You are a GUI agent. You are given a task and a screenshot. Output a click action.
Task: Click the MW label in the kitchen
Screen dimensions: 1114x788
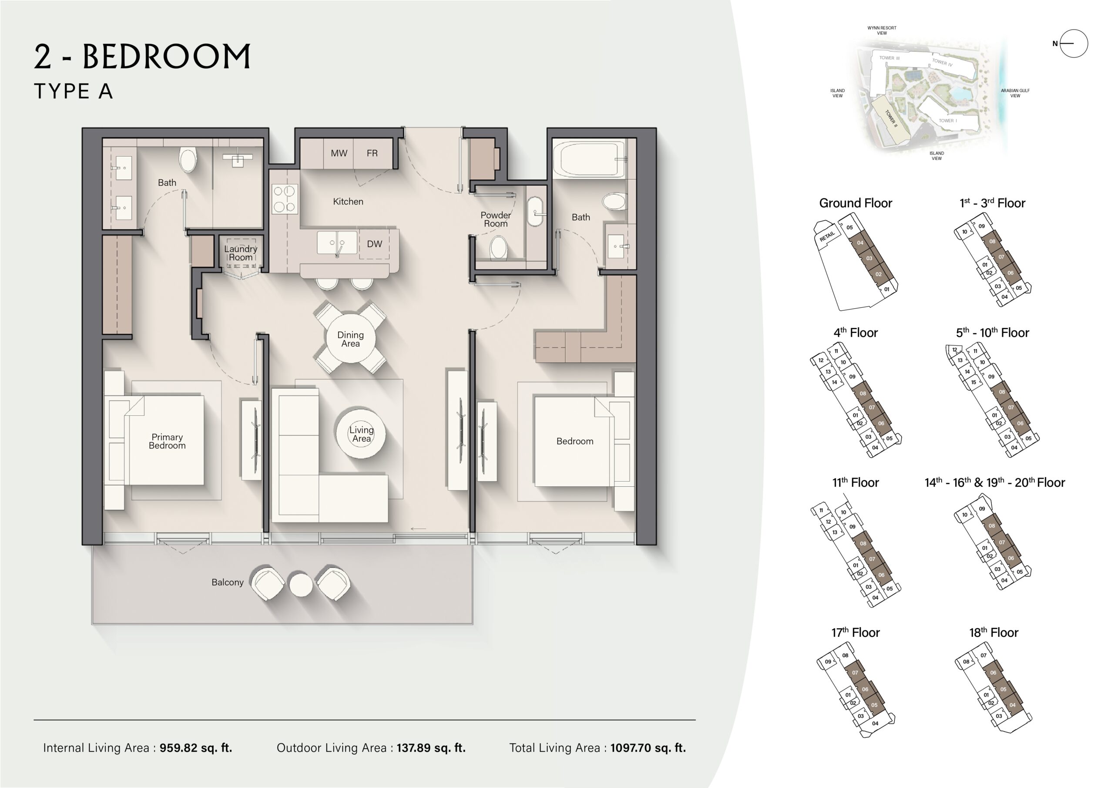click(x=339, y=153)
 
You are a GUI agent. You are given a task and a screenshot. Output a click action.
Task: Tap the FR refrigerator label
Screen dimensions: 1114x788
click(x=372, y=153)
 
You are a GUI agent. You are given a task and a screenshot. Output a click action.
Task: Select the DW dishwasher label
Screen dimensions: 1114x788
click(x=374, y=244)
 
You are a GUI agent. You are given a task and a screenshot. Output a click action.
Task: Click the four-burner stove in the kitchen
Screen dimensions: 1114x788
click(x=285, y=199)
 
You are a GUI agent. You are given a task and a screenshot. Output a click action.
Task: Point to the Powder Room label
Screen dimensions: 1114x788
click(x=495, y=219)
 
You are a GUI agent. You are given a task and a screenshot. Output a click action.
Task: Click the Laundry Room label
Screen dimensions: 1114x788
click(x=241, y=253)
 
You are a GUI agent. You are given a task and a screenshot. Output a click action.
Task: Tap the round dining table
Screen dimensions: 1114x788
click(x=350, y=338)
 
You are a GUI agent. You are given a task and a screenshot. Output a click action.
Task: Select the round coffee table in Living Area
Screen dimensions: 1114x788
click(x=361, y=433)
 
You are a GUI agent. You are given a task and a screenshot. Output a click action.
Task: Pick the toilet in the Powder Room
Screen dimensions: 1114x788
click(x=499, y=248)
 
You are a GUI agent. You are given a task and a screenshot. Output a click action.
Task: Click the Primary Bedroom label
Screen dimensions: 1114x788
click(x=167, y=441)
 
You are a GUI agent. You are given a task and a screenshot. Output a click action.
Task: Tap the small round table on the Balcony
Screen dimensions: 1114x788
click(x=301, y=585)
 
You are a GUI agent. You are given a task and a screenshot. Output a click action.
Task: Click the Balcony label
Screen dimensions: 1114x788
click(x=228, y=582)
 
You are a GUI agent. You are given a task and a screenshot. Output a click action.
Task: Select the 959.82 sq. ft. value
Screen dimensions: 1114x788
click(x=196, y=748)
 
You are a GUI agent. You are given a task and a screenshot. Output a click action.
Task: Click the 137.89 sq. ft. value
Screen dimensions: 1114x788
click(x=431, y=748)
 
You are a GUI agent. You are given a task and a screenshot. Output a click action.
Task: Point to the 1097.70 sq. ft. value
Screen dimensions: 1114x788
click(x=648, y=748)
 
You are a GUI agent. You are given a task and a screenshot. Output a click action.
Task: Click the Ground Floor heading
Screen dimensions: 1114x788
click(x=856, y=203)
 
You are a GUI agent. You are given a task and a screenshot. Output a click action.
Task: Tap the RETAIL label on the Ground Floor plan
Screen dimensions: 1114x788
click(x=827, y=236)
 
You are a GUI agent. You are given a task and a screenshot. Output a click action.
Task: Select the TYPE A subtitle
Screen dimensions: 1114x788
click(x=73, y=91)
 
